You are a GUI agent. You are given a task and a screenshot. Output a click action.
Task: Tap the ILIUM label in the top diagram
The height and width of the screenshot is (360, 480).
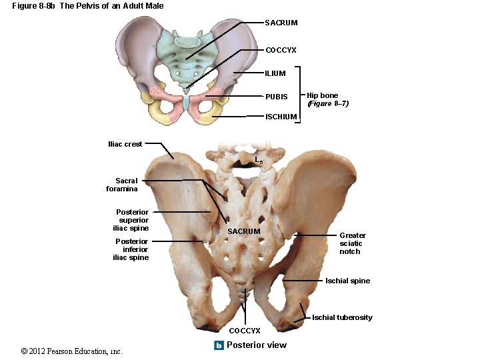point(275,73)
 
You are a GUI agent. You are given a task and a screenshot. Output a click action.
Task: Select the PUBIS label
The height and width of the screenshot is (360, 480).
point(276,97)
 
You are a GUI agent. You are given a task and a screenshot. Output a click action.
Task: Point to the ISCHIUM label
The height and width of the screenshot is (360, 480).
point(281,117)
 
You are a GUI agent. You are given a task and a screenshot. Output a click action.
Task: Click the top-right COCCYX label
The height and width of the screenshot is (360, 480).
point(281,50)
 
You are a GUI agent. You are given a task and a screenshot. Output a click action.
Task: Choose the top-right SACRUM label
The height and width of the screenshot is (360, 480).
point(281,23)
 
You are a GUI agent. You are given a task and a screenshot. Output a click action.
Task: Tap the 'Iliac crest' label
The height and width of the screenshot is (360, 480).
point(125,144)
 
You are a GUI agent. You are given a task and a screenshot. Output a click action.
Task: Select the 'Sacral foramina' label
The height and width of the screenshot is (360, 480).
point(122,185)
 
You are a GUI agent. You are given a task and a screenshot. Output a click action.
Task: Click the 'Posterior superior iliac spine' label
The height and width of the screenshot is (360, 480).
point(132,220)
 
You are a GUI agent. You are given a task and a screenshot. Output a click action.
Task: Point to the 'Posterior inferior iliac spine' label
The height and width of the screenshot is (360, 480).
point(131,249)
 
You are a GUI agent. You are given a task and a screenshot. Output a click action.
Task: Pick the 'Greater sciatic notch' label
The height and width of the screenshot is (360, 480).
point(352,243)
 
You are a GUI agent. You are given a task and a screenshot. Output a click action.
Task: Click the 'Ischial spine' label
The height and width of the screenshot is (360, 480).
point(347,281)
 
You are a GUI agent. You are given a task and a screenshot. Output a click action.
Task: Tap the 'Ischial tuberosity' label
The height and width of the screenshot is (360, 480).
point(342,317)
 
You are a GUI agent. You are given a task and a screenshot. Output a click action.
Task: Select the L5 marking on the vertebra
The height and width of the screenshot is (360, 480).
point(259,160)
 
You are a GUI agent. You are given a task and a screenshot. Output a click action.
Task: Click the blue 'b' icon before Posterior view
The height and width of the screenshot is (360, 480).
point(219,345)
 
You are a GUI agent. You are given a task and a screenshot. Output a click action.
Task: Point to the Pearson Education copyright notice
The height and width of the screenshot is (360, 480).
point(72,351)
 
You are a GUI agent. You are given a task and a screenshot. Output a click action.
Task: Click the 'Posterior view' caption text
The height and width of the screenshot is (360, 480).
point(256,345)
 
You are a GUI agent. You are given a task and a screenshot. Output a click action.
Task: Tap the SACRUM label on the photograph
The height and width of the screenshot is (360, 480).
point(244,231)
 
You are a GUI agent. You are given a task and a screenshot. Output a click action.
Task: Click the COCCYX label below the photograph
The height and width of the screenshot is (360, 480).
point(245,331)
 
